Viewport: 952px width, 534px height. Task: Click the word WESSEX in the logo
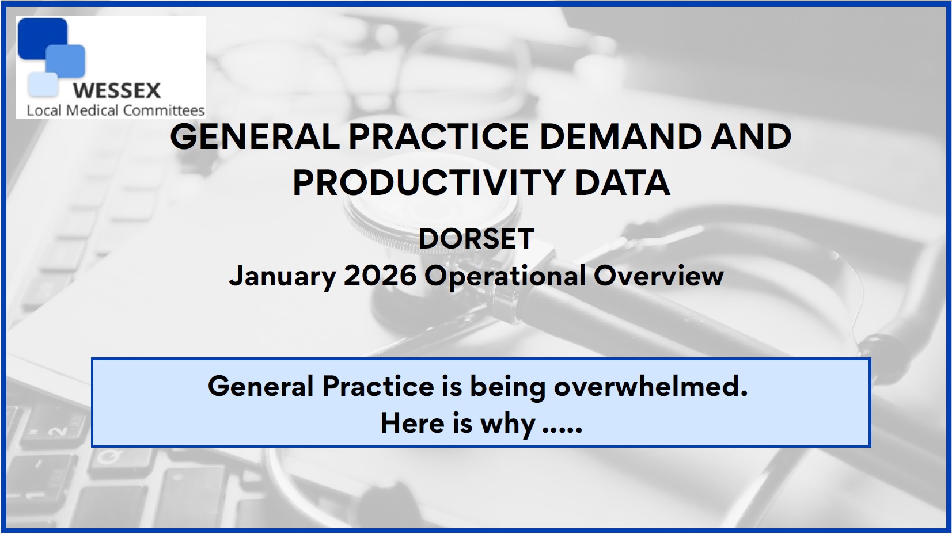point(116,90)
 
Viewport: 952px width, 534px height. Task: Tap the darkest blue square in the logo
point(43,39)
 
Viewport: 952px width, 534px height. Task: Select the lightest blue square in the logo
point(43,85)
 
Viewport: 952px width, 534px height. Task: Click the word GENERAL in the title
point(255,137)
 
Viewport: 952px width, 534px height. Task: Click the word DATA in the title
point(623,182)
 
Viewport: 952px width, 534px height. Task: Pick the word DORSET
point(476,239)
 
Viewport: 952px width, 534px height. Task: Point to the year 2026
point(380,276)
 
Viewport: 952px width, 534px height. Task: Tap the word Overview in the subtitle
point(658,276)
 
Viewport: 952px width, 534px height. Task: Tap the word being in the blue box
point(507,388)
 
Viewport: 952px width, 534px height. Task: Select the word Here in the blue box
point(412,424)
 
